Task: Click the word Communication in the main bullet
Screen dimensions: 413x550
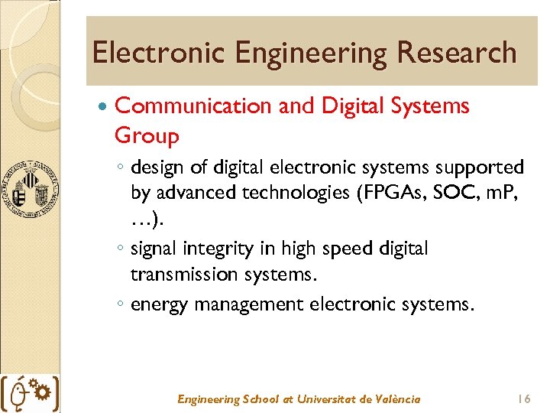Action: point(192,106)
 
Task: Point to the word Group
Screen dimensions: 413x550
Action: point(147,137)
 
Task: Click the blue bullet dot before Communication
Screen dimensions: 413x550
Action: point(103,106)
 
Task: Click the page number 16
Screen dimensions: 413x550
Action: point(523,399)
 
